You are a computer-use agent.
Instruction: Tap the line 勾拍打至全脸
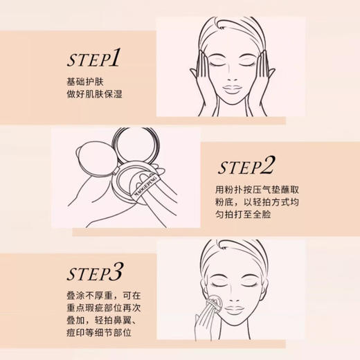pyautogui.click(x=247, y=219)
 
